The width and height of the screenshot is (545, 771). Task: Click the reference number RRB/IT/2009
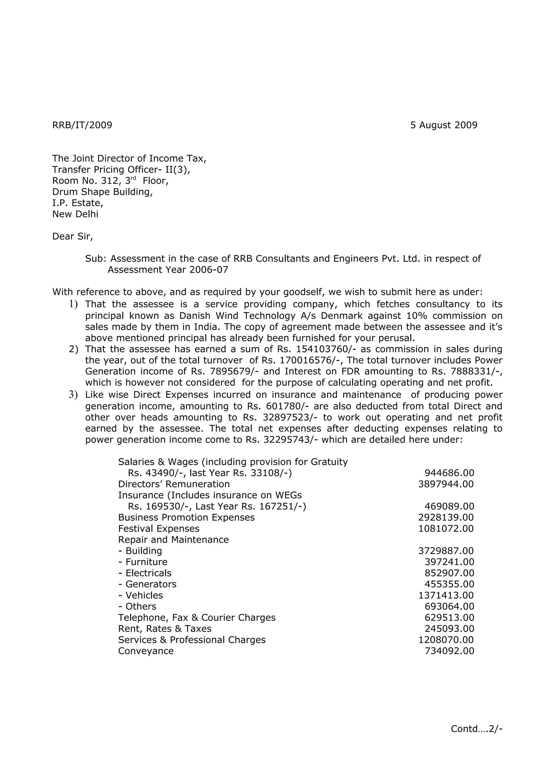point(82,125)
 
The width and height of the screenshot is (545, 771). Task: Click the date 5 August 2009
point(444,125)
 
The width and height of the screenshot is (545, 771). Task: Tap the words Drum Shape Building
point(102,192)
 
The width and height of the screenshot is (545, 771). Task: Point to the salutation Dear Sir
point(72,237)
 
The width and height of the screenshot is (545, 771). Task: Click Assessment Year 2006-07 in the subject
point(168,270)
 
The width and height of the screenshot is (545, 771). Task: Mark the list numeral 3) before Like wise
point(73,395)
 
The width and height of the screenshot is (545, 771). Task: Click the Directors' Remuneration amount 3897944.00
point(446,484)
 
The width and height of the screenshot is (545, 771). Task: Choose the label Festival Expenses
point(159,529)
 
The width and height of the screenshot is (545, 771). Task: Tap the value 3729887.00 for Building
point(446,551)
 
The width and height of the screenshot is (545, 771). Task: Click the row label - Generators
point(147,584)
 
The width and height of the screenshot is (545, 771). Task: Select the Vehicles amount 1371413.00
point(446,595)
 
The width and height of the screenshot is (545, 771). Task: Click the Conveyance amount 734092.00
point(449,651)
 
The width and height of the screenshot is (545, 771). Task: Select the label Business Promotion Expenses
point(186,517)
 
